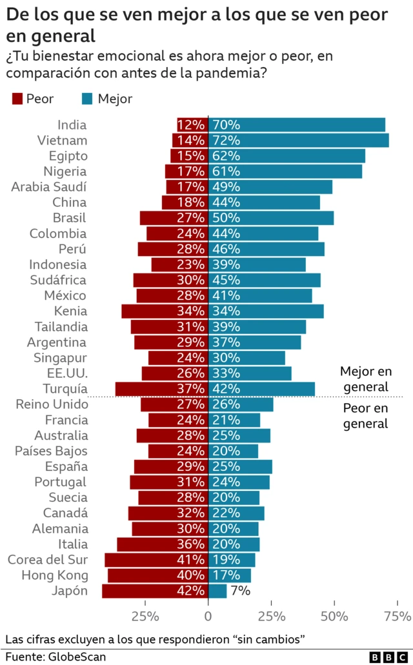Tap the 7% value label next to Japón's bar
240,591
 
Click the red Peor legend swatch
17,99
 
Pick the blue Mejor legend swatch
87,99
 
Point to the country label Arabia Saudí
48,187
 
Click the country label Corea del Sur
47,560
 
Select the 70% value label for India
226,125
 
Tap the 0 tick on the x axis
208,616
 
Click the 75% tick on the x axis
397,616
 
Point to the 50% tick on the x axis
334,616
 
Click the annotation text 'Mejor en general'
365,379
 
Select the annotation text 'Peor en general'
365,416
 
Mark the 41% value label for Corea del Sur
192,560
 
